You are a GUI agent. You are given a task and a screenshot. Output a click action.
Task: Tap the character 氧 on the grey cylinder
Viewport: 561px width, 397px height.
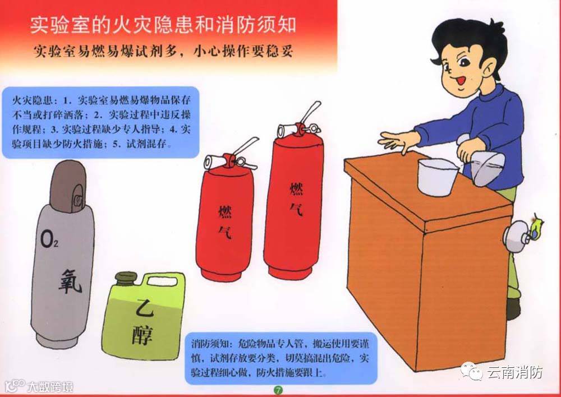pos(70,281)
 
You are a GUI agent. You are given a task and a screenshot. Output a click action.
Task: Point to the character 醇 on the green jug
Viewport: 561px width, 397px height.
pos(142,335)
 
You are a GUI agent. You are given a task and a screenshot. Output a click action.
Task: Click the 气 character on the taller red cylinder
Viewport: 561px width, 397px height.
pos(296,210)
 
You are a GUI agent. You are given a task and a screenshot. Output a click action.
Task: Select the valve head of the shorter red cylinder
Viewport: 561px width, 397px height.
pos(229,161)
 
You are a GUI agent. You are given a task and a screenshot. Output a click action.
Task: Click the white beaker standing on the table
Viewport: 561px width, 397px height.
pos(437,177)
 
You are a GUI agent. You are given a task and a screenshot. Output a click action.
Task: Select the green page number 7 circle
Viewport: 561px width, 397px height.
pos(278,390)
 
